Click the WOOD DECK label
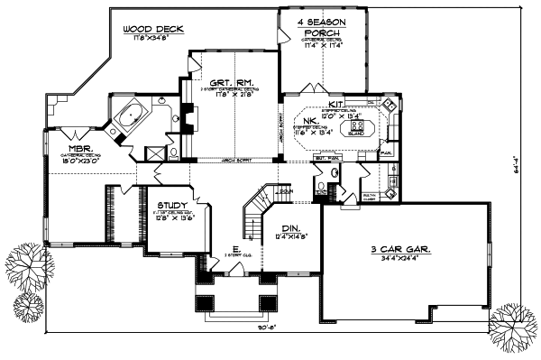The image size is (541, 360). click(x=154, y=30)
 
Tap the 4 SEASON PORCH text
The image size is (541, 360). click(x=322, y=27)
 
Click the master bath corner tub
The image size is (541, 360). click(x=131, y=117)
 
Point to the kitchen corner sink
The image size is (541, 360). click(x=389, y=106)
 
